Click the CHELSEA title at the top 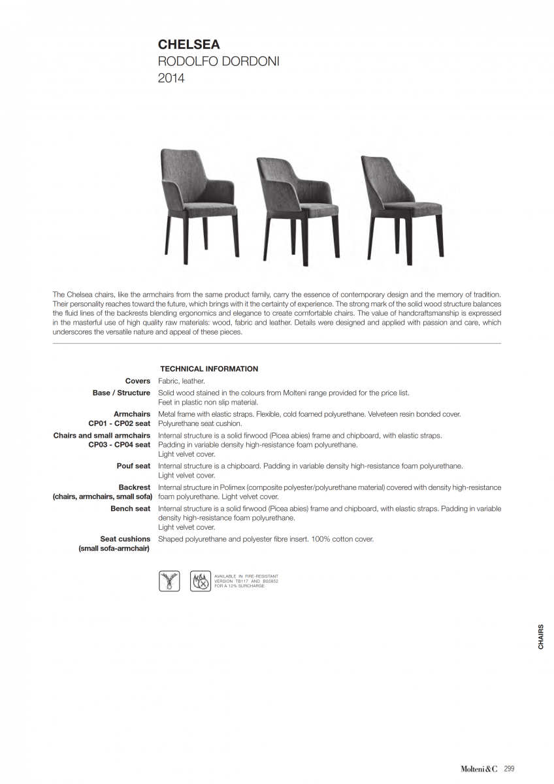point(189,45)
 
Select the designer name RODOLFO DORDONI point(218,62)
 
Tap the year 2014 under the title point(171,78)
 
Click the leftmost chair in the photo point(199,203)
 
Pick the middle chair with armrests point(297,206)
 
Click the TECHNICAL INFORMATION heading point(208,369)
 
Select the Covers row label point(137,381)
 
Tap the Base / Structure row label point(121,393)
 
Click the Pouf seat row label point(133,466)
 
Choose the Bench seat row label point(130,509)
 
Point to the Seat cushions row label point(125,539)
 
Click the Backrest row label point(134,487)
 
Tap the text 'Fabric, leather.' point(182,381)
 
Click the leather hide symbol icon point(169,581)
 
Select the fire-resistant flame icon point(200,581)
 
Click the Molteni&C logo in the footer point(480,769)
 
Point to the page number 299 point(510,769)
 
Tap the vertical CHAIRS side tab point(541,637)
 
